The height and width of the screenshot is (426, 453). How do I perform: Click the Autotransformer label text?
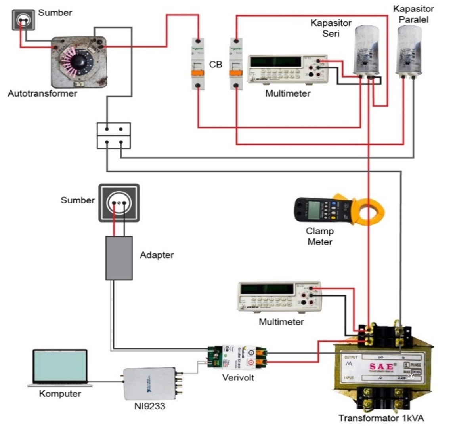[42, 94]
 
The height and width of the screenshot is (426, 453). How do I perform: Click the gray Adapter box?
[119, 258]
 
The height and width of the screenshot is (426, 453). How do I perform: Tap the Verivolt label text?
[238, 377]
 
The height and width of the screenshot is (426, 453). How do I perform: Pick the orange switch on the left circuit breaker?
[197, 75]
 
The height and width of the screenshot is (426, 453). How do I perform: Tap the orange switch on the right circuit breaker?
[236, 75]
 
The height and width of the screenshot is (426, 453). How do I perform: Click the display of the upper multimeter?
[276, 62]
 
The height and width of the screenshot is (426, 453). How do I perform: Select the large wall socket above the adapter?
[119, 202]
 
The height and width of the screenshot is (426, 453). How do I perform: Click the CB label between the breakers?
[216, 64]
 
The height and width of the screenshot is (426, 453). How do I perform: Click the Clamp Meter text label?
[320, 236]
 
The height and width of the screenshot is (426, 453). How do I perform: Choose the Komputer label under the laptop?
[60, 394]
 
